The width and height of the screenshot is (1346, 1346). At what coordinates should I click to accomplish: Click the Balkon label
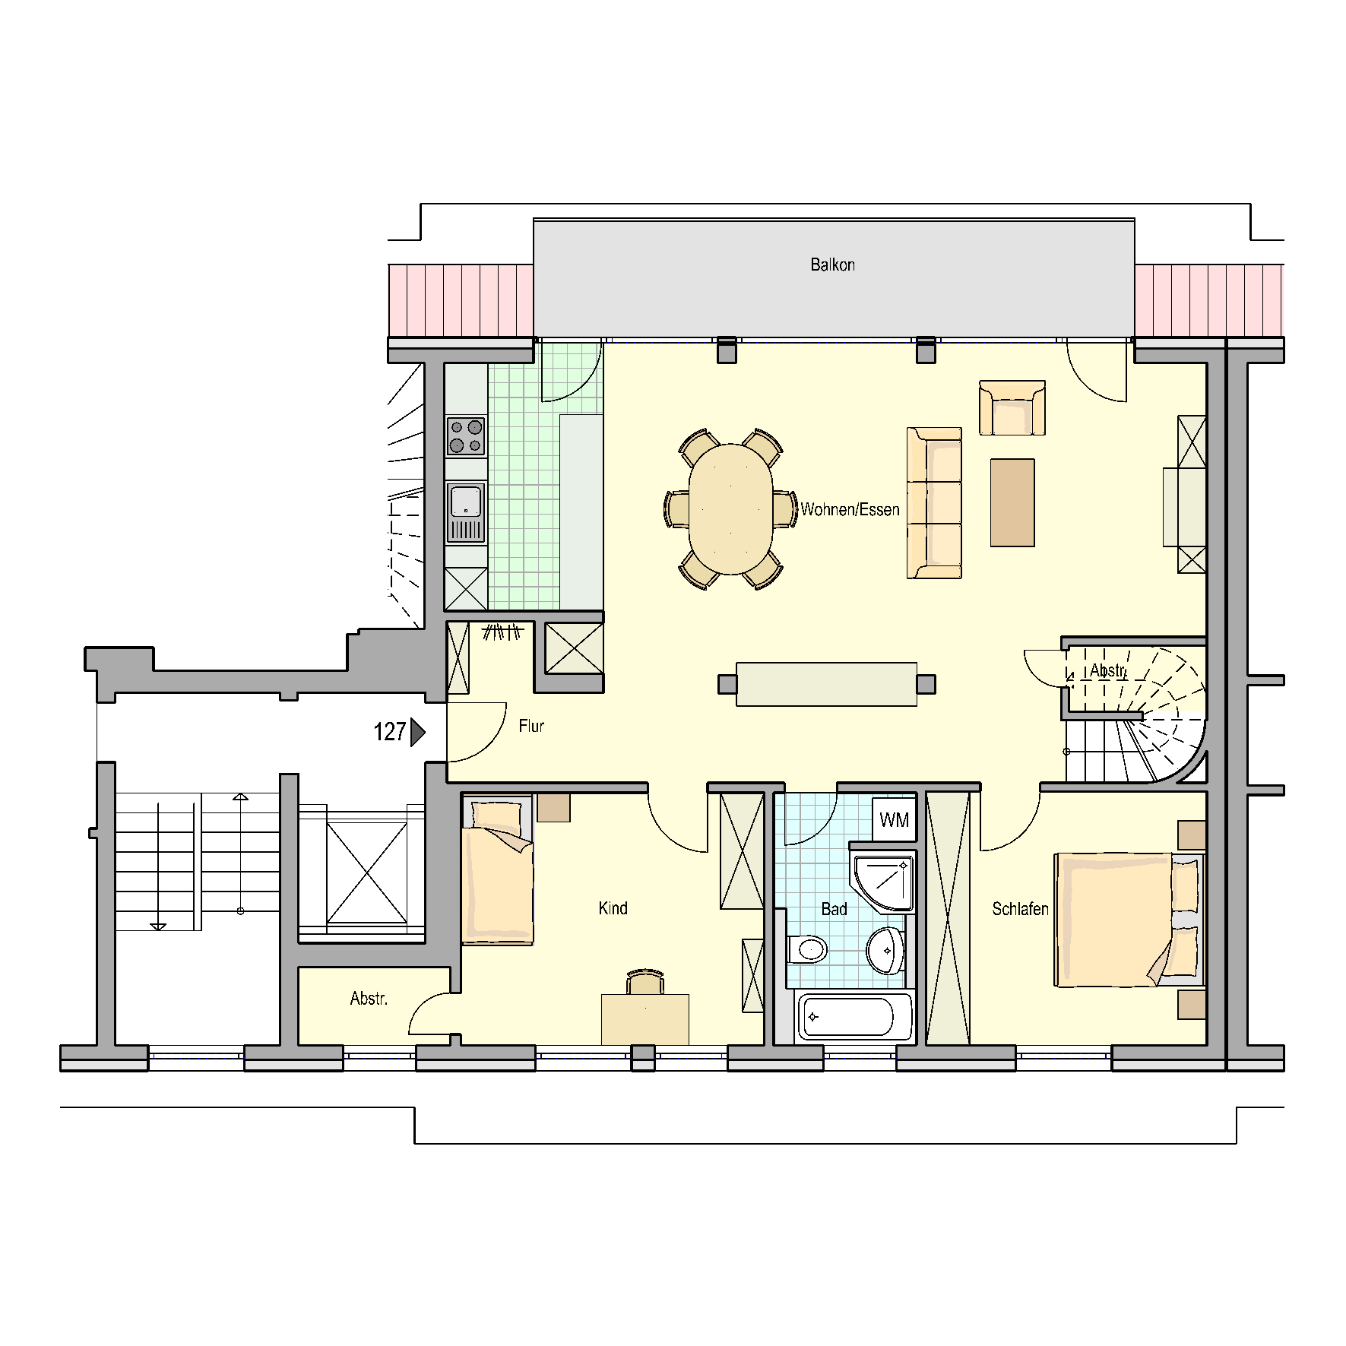(x=832, y=265)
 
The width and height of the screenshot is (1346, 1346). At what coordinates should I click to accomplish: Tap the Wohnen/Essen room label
(x=850, y=509)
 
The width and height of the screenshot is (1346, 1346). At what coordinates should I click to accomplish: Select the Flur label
(x=531, y=726)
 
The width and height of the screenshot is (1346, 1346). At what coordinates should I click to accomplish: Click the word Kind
(x=613, y=908)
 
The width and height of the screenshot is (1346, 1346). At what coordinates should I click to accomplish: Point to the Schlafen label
(x=1020, y=909)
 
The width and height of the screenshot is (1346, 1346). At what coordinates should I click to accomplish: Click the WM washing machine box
(x=894, y=819)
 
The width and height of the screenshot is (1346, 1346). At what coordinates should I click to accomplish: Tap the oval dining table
(x=730, y=508)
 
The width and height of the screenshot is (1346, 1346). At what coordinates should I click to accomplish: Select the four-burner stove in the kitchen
(x=466, y=435)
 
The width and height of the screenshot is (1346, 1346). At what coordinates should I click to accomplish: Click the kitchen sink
(x=466, y=513)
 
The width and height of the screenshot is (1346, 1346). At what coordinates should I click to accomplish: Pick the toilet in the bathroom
(x=807, y=949)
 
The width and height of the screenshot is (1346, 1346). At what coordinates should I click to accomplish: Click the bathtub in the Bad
(x=854, y=1017)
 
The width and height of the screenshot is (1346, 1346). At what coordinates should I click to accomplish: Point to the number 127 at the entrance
(x=389, y=732)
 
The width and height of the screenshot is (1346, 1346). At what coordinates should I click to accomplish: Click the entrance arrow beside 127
(x=417, y=732)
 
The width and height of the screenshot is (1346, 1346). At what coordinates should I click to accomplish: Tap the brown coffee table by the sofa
(x=1012, y=502)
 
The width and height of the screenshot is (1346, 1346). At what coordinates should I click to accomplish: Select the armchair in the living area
(x=1012, y=407)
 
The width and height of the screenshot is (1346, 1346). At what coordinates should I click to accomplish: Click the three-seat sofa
(x=934, y=502)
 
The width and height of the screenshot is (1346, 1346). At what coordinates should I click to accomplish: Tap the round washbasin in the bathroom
(x=885, y=949)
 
